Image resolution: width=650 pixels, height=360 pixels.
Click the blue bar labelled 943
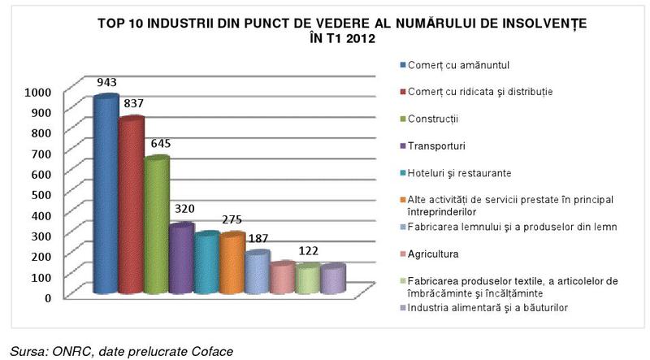[x=106, y=195]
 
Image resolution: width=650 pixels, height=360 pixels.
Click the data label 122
[x=307, y=249]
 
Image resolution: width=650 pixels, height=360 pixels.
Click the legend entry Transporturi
[x=441, y=146]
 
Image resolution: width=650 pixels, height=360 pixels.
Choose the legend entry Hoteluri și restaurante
[x=460, y=173]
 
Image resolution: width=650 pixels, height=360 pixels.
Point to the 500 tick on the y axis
[x=42, y=194]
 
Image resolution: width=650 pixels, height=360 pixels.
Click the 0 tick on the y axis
[x=48, y=297]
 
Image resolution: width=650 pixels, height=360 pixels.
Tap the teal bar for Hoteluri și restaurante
[x=206, y=262]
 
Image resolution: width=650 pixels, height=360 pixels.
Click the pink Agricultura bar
[x=282, y=278]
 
